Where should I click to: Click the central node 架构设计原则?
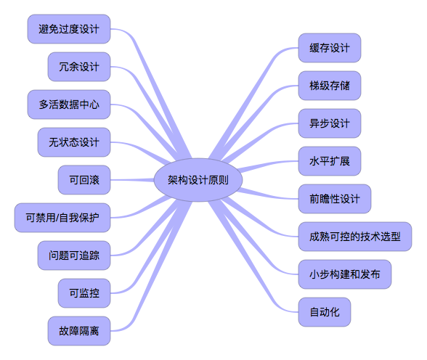coord(198,180)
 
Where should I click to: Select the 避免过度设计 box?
coord(69,29)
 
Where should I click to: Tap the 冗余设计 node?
coord(79,67)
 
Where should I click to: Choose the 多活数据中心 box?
coord(69,105)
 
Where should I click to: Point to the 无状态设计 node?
coord(74,142)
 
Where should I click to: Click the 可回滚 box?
coord(84,180)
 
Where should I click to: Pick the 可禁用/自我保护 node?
coord(62,218)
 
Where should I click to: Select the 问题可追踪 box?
coord(74,255)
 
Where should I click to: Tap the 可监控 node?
coord(84,293)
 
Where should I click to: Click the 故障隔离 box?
coord(79,331)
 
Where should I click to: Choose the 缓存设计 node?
coord(330,48)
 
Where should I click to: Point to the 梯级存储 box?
coord(330,86)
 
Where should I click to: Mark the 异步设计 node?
coord(330,123)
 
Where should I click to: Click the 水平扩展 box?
coord(330,161)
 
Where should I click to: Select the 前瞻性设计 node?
coord(335,199)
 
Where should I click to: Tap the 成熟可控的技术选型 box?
coord(355,237)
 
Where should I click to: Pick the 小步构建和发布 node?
coord(345,274)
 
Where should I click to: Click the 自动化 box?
coord(325,312)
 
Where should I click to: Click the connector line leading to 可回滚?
coord(132,180)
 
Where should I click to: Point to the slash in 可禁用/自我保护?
coord(57,218)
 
